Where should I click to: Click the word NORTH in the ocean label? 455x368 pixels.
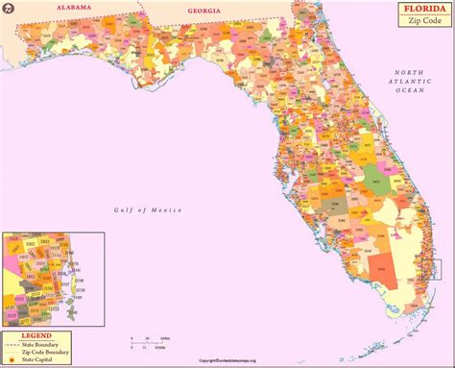pyautogui.click(x=413, y=73)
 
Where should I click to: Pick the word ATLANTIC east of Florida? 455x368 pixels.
pyautogui.click(x=413, y=83)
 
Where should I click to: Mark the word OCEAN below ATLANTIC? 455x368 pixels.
pyautogui.click(x=413, y=92)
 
